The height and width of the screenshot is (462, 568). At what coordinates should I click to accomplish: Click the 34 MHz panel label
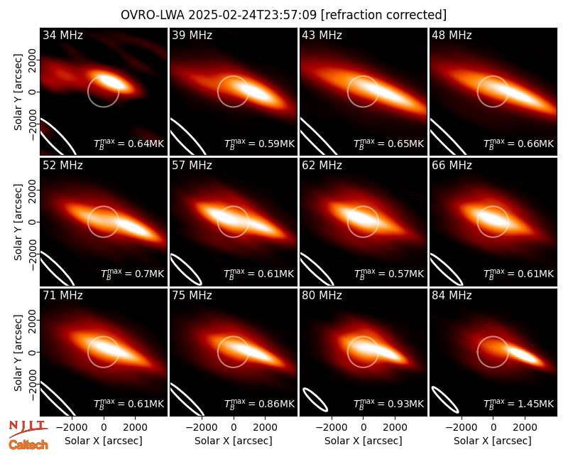[62, 35]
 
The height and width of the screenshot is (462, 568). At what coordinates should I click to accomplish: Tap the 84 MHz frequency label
[452, 296]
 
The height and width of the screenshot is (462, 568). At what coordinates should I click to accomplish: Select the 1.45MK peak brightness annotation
[519, 403]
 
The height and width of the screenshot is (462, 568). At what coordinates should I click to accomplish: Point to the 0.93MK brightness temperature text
[388, 403]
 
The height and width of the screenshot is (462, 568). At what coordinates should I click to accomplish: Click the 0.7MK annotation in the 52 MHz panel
[132, 273]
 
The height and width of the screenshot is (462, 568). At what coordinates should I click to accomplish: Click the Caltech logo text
[28, 445]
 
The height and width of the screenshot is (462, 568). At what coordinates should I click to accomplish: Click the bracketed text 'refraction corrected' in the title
[383, 15]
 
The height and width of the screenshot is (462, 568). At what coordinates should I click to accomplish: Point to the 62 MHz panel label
[322, 166]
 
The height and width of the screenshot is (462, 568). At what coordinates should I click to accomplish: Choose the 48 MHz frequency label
[452, 35]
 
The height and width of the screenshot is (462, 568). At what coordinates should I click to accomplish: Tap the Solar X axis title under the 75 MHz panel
[234, 441]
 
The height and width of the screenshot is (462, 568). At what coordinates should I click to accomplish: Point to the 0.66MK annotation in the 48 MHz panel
[519, 143]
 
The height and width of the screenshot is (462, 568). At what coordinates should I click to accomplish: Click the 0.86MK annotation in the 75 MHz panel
[259, 403]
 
